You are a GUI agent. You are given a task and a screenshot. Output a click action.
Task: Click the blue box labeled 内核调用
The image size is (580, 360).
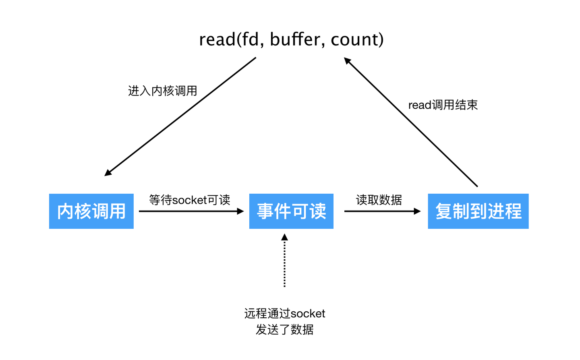pos(91,211)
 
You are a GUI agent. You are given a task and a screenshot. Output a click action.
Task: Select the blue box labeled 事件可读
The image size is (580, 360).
pos(291,211)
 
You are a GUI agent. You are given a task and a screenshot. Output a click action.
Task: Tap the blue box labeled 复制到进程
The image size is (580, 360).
pos(478,211)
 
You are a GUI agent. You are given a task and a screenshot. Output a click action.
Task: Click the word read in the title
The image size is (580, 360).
pos(217,39)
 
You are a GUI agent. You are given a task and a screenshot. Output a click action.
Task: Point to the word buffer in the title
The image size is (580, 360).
pos(295,39)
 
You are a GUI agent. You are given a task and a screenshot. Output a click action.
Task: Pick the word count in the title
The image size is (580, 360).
pos(354,39)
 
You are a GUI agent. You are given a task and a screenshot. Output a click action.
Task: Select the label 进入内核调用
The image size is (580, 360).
pos(162,91)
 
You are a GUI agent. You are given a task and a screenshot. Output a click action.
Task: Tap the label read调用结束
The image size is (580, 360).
pos(443,105)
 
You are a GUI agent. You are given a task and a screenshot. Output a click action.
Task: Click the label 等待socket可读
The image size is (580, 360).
pos(189,200)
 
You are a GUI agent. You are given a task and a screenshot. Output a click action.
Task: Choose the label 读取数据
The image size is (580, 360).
pos(379,200)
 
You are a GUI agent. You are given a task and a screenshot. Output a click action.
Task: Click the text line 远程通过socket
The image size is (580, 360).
pos(284,314)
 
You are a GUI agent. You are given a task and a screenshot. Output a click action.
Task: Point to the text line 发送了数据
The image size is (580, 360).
pos(284,330)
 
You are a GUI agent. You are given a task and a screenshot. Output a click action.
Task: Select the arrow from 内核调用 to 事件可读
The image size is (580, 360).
pos(189,211)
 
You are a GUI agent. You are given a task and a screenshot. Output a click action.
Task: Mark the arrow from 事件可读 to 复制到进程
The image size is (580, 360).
pos(381,211)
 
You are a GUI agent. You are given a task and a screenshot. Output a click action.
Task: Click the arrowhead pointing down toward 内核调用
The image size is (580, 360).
pos(108,173)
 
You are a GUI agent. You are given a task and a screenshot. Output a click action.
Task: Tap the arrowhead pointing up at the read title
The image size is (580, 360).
pos(347,61)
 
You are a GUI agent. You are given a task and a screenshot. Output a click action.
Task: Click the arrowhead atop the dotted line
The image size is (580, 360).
pos(284,237)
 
